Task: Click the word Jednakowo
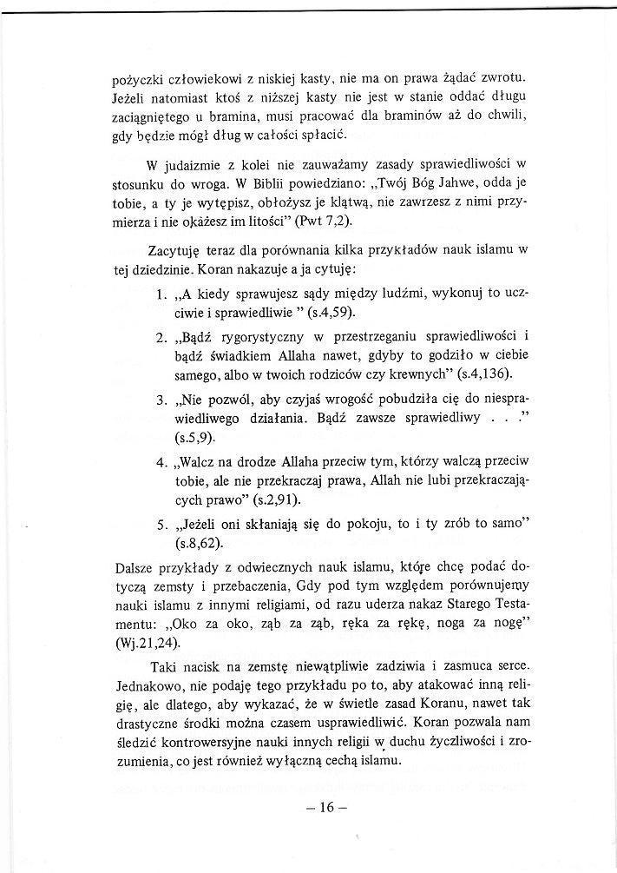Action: click(150, 687)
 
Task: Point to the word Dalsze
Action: click(137, 567)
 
